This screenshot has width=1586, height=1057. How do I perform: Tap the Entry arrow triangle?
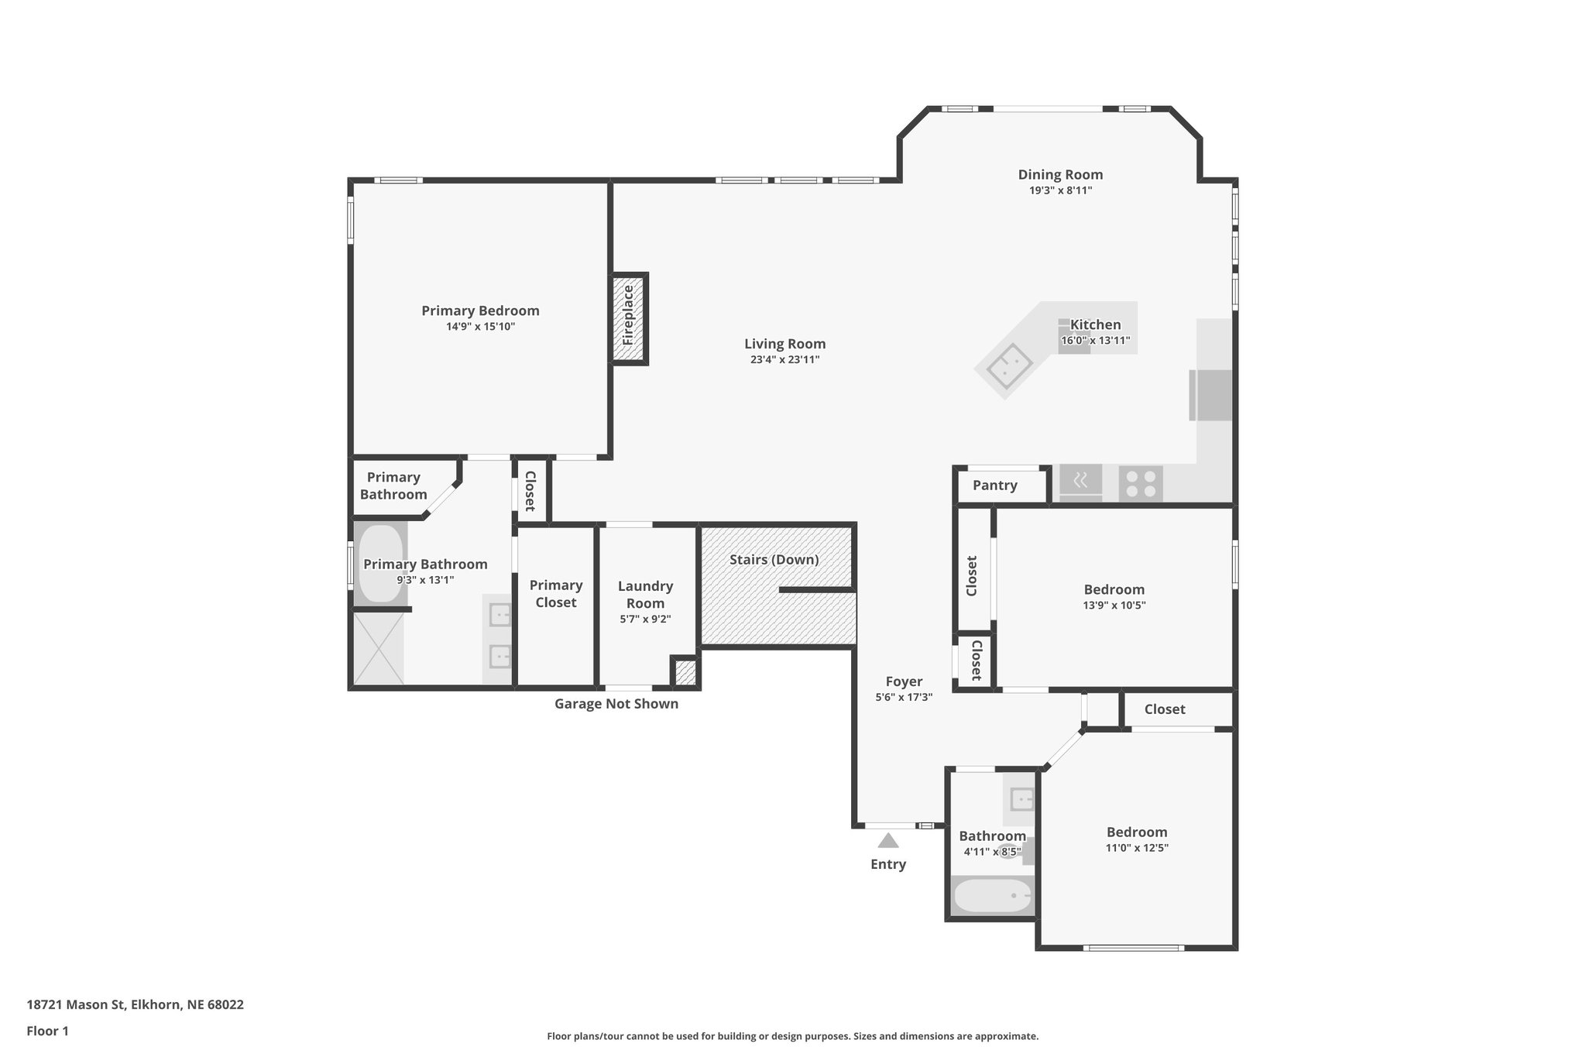(888, 840)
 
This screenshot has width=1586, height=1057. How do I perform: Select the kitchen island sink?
(1005, 366)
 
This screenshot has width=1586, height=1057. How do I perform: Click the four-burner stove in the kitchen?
(1141, 484)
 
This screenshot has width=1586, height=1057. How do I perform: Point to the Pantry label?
(994, 486)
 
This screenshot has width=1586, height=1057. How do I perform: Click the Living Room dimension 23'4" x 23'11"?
(784, 360)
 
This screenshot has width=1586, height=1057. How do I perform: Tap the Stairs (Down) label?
(774, 560)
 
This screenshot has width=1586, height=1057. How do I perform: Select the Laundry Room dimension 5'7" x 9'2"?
(645, 619)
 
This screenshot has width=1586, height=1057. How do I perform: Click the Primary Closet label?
(556, 594)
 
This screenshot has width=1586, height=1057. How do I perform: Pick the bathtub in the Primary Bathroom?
(380, 564)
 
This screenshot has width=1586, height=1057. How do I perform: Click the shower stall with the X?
(379, 648)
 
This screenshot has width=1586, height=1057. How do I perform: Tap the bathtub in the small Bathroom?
(992, 897)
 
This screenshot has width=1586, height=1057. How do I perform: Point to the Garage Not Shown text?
(616, 704)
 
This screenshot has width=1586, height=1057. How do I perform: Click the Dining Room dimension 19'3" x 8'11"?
(1060, 190)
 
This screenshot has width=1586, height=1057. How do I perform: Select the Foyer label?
(904, 681)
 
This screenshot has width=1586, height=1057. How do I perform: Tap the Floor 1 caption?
(47, 1031)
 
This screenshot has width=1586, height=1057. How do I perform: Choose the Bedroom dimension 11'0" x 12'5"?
(1137, 848)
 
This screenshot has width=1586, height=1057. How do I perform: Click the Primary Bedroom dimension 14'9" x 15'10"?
(480, 327)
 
